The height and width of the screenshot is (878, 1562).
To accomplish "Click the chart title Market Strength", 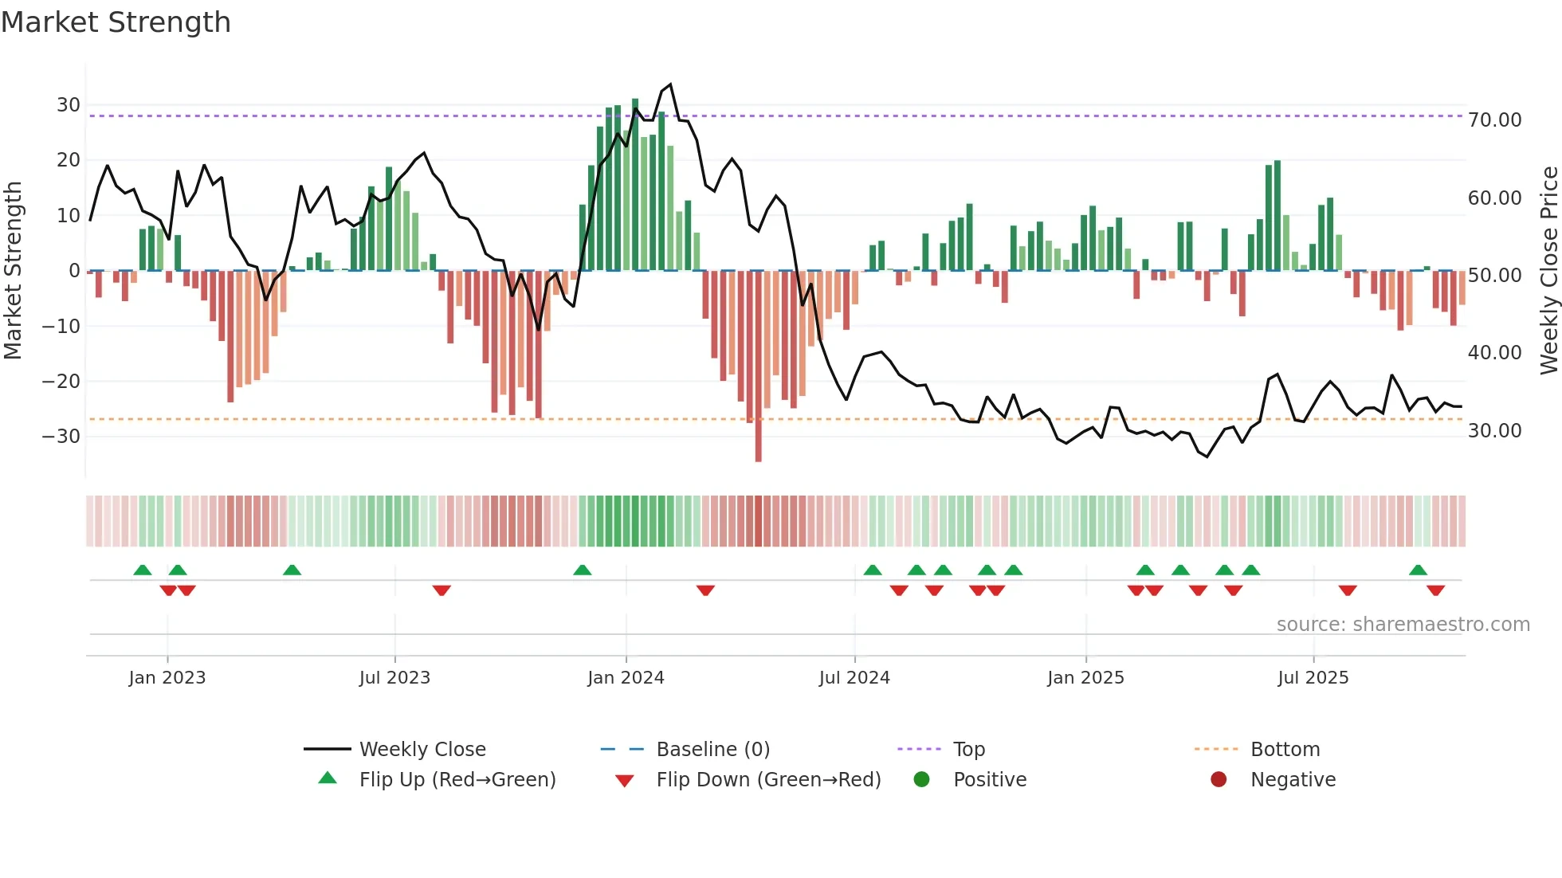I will coord(116,22).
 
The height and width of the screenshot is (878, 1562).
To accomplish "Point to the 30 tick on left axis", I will coord(69,105).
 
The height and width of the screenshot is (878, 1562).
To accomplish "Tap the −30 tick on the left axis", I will coord(62,437).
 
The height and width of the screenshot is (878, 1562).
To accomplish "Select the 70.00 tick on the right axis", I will coord(1494,120).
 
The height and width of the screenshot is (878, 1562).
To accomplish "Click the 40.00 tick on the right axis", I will coord(1494,353).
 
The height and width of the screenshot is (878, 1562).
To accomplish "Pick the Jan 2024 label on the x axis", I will coord(626,678).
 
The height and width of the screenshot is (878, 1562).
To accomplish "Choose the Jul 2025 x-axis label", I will coord(1313,678).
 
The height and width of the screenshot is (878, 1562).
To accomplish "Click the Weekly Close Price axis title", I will coord(1548,271).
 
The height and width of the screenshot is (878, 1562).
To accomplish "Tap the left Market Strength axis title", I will coord(13,271).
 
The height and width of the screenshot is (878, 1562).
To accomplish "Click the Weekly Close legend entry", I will coord(422,750).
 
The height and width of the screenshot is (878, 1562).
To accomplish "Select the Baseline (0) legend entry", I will coord(712,750).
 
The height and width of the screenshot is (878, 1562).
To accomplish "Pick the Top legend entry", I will coord(968,750).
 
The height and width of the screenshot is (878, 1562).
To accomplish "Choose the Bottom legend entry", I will coord(1285,750).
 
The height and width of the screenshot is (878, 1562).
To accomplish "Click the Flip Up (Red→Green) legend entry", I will coord(457,780).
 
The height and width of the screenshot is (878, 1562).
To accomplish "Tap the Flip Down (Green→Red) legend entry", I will coord(768,780).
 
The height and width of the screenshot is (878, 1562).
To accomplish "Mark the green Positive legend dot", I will coord(922,780).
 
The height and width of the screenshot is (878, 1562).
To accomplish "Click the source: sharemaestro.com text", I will coord(1403,625).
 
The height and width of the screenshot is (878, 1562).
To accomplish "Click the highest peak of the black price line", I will coord(670,84).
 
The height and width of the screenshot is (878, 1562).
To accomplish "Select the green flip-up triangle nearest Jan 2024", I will coord(583,570).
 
